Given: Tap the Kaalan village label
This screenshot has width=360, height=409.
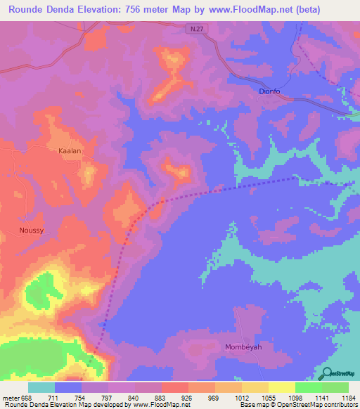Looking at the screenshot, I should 70,151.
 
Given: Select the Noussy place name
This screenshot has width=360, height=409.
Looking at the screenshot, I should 32,230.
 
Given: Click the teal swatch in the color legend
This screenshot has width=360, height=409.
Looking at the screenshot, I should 41,387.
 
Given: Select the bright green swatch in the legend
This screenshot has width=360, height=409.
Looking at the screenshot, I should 309,387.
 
